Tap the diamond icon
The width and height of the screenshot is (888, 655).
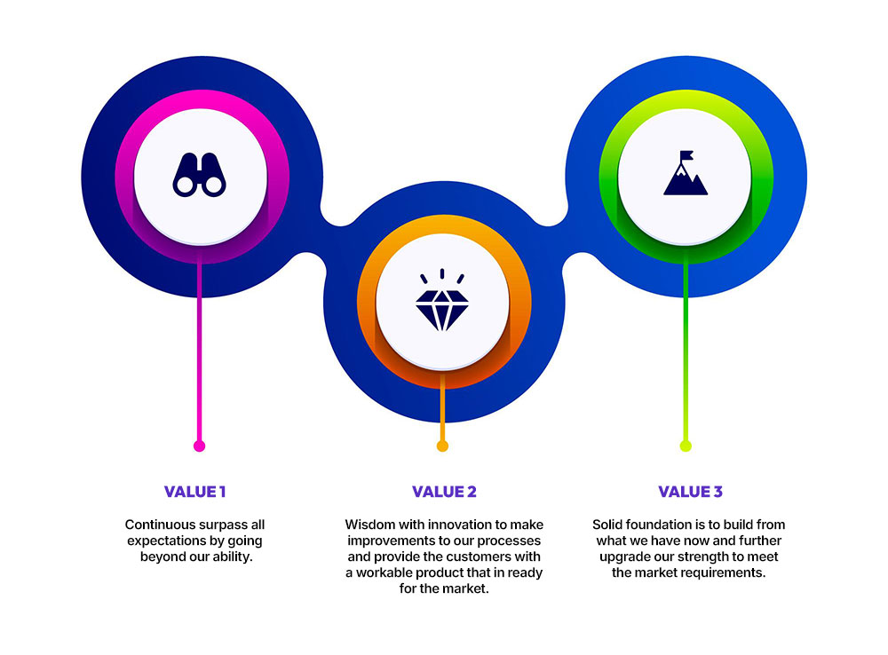pos(441,302)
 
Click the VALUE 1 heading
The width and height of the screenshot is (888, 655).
pos(195,492)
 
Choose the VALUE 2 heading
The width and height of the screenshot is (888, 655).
pos(444,492)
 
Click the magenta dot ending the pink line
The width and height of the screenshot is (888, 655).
pos(199,446)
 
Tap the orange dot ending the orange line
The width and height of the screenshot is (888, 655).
pos(442,446)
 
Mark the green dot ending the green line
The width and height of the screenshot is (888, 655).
pos(685,446)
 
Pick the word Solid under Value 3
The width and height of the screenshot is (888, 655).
pos(611,525)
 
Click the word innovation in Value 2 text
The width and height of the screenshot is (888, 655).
pos(467,525)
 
